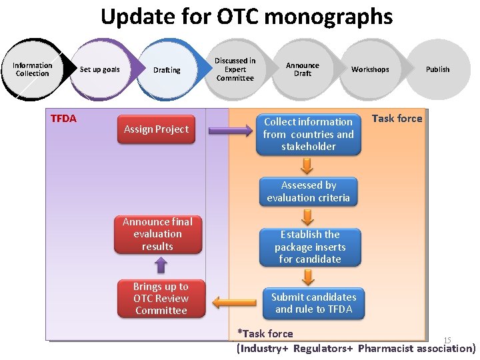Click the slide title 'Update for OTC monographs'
coord(247,16)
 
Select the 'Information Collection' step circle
coord(32,69)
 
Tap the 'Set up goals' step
coord(100,69)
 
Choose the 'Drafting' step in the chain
coord(167,70)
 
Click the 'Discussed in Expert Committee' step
coord(235,69)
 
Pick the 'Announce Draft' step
coord(303,69)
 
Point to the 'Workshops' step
coord(370,69)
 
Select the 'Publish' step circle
coord(437,69)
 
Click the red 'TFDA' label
coord(64,119)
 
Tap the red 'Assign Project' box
coord(156,129)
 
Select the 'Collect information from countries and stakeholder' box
coord(308,134)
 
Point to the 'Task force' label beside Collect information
coord(397,119)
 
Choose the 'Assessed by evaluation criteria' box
coord(308,191)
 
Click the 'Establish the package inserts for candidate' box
coord(309,247)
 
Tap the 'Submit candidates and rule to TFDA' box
coord(313,303)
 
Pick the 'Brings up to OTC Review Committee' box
coord(161,298)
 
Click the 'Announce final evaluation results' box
coord(157,234)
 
